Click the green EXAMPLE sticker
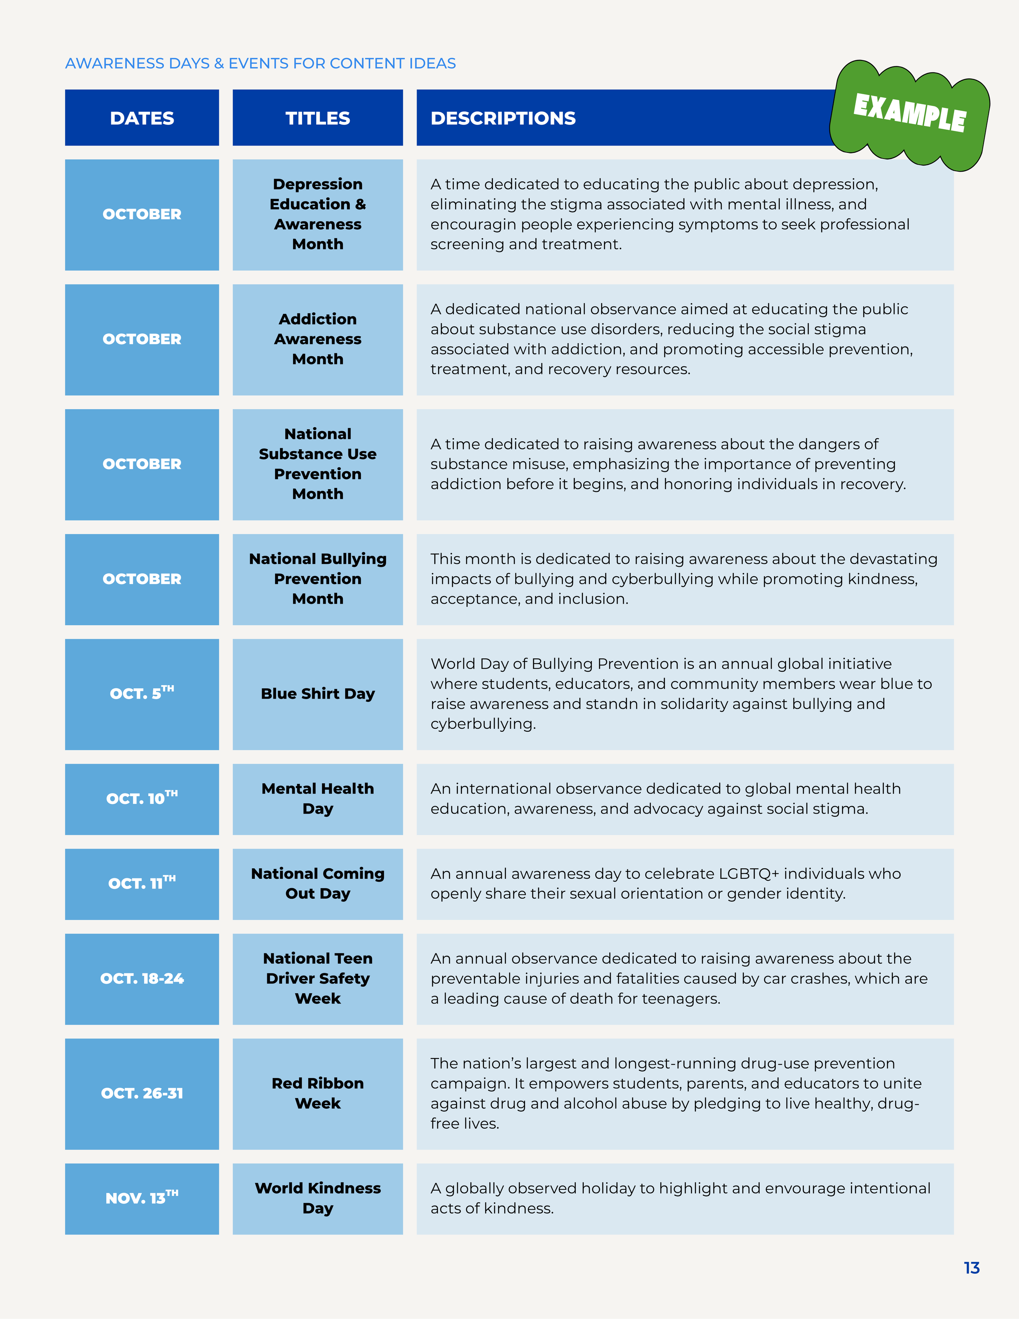(910, 115)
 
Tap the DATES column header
(142, 118)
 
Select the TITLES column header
(318, 118)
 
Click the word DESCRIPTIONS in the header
(503, 118)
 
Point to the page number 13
(971, 1268)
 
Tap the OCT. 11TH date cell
(142, 884)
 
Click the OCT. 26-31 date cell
(142, 1094)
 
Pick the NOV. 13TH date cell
(142, 1199)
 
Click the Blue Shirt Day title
(318, 694)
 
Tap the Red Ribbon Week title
(318, 1093)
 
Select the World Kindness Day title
(318, 1198)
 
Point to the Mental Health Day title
(318, 798)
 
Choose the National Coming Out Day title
(318, 884)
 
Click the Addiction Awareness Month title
(318, 339)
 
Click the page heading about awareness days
(260, 64)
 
